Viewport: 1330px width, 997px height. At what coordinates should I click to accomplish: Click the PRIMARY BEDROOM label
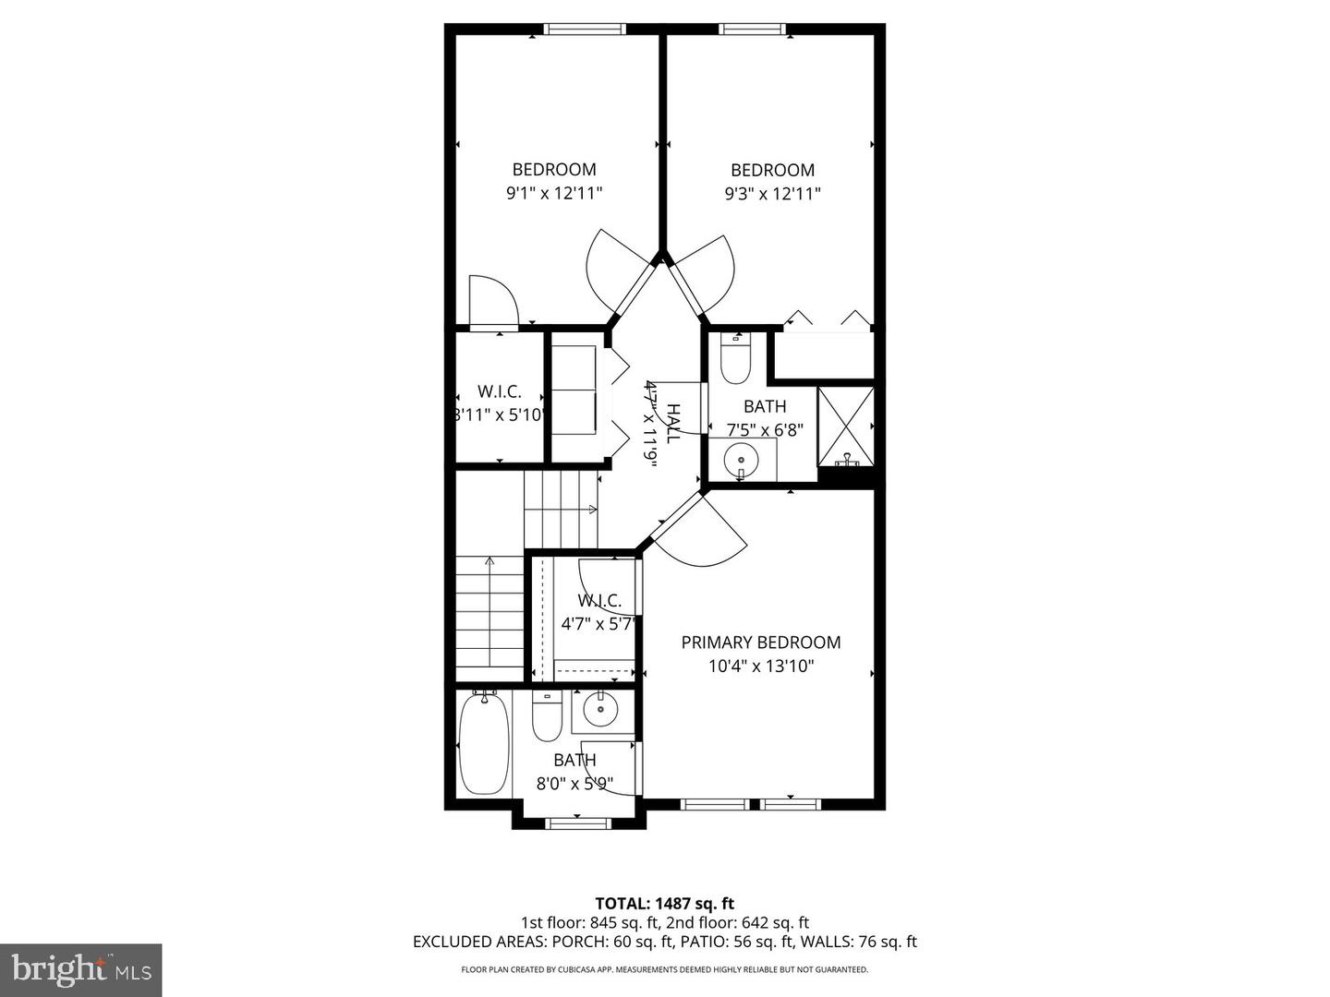760,643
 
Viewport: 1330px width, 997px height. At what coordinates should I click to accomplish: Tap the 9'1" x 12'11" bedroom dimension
554,193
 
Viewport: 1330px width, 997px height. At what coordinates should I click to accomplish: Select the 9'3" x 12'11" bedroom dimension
772,194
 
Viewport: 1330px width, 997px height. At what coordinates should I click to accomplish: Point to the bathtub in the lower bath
483,744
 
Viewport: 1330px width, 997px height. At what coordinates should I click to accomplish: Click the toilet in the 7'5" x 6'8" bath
736,361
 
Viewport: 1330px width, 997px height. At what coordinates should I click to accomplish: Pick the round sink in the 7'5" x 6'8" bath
741,459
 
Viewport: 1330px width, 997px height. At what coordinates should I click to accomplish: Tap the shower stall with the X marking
846,426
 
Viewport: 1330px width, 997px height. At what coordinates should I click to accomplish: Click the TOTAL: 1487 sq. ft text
664,903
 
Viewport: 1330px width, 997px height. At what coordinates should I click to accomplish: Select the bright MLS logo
80,969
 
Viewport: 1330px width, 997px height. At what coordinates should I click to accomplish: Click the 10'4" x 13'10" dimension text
760,667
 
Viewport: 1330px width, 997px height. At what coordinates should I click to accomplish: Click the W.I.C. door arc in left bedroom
494,297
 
